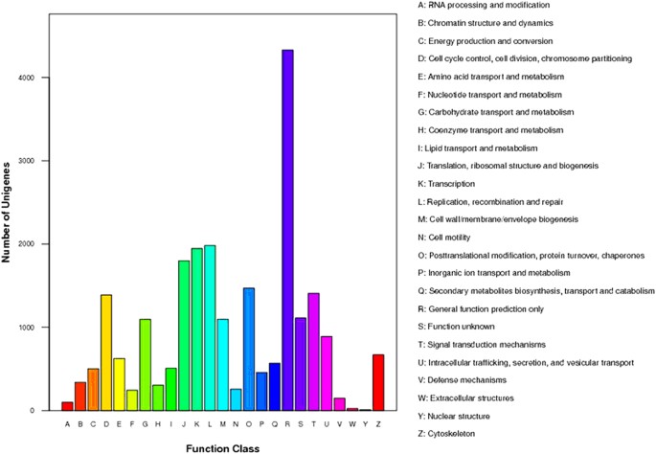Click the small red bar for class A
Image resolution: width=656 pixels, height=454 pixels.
[67, 406]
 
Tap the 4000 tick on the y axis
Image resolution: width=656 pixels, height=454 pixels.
[37, 78]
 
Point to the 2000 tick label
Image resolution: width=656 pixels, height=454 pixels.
[37, 244]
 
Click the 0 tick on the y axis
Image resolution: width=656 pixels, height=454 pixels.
[42, 411]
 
